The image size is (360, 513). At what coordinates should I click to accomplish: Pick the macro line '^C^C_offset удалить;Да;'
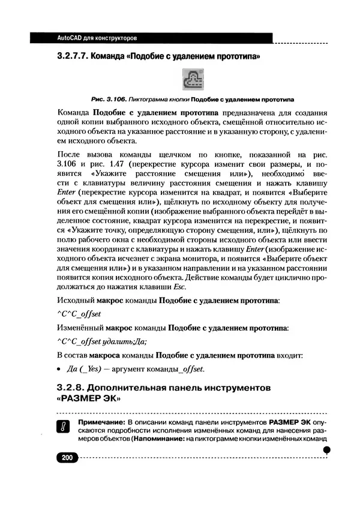coord(101,341)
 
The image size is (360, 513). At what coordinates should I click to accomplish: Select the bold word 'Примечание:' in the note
coord(100,422)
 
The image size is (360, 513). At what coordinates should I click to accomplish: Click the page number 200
coord(66,458)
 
